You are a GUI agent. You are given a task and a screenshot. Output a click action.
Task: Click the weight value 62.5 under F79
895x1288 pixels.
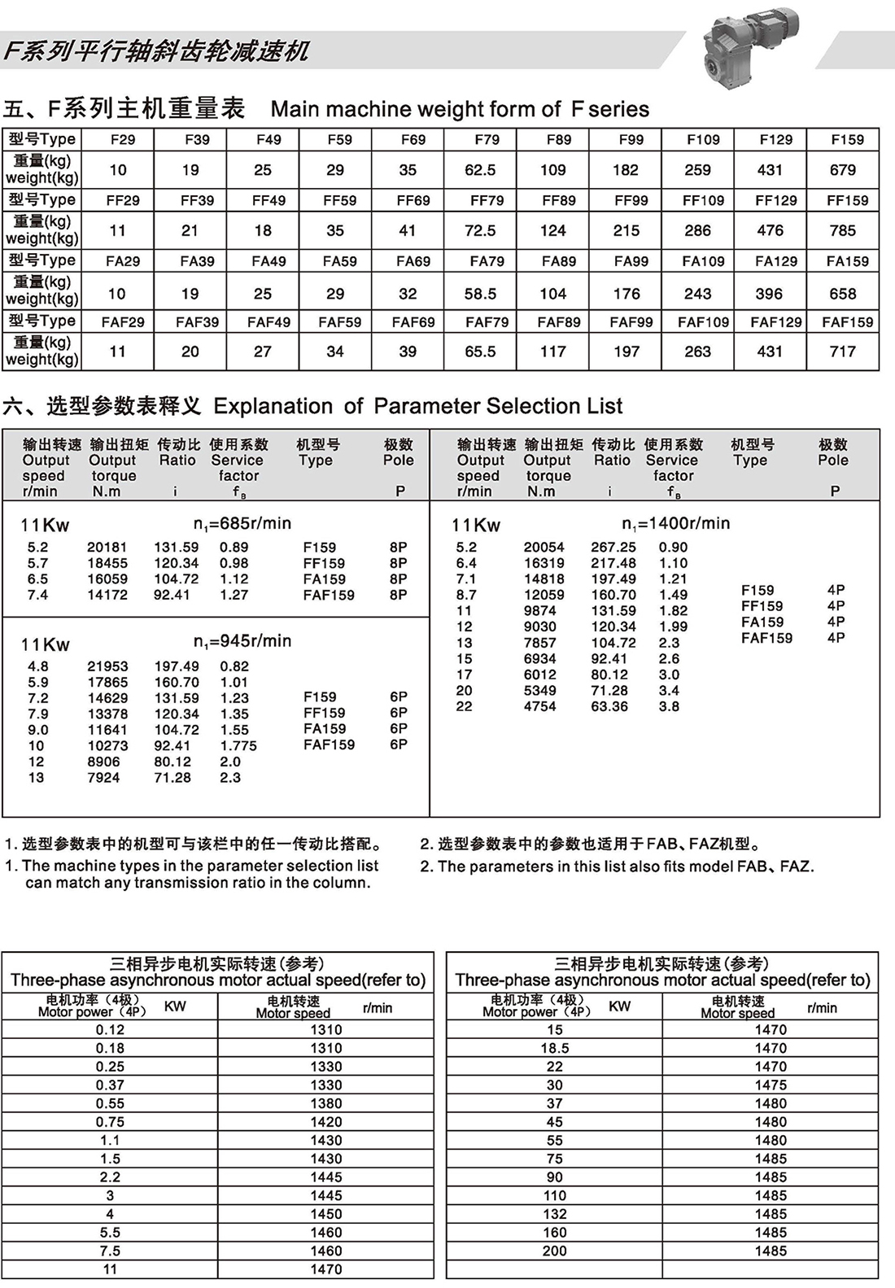pyautogui.click(x=480, y=170)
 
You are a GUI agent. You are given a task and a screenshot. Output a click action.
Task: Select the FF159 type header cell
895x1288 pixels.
pyautogui.click(x=847, y=200)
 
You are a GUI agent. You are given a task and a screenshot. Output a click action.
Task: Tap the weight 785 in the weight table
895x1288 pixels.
pyautogui.click(x=842, y=230)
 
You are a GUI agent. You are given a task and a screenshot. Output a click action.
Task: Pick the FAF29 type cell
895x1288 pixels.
pyautogui.click(x=123, y=322)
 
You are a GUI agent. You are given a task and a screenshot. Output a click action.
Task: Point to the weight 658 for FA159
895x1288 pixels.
pyautogui.click(x=842, y=294)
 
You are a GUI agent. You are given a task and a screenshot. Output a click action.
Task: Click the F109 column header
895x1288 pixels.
pyautogui.click(x=703, y=139)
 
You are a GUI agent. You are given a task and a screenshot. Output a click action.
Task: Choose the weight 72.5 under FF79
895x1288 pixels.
pyautogui.click(x=480, y=230)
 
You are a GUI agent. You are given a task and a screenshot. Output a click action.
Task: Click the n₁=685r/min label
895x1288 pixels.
pyautogui.click(x=242, y=523)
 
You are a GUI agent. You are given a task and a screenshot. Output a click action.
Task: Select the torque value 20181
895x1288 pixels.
pyautogui.click(x=107, y=548)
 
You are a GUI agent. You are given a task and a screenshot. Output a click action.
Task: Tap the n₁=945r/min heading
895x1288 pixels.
pyautogui.click(x=242, y=641)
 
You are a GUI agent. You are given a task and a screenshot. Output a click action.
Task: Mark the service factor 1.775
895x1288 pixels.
pyautogui.click(x=238, y=746)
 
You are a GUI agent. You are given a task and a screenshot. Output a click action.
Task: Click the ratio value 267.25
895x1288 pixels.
pyautogui.click(x=613, y=548)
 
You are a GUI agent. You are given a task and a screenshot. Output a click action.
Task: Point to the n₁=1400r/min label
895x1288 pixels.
pyautogui.click(x=676, y=523)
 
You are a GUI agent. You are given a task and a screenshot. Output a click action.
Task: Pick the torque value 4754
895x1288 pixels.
pyautogui.click(x=540, y=706)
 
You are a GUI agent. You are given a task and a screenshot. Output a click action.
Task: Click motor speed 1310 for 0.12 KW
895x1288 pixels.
pyautogui.click(x=326, y=1029)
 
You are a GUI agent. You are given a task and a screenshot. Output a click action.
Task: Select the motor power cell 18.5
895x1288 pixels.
pyautogui.click(x=555, y=1048)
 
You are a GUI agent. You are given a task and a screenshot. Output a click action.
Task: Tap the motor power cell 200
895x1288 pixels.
pyautogui.click(x=555, y=1251)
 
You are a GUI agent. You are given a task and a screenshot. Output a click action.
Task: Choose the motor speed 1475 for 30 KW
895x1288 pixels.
pyautogui.click(x=771, y=1085)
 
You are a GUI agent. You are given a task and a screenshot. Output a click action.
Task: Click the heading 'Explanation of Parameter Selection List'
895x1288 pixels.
pyautogui.click(x=417, y=406)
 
